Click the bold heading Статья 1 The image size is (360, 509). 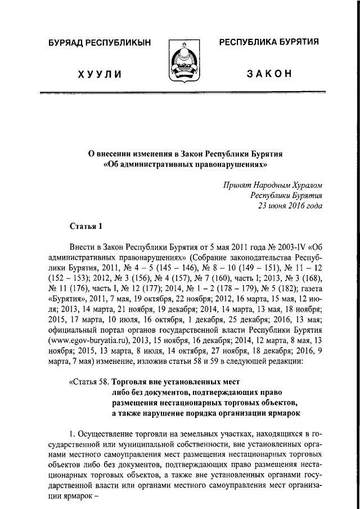click(86, 227)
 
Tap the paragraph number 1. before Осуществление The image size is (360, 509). click(72, 435)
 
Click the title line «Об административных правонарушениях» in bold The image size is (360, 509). click(180, 164)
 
